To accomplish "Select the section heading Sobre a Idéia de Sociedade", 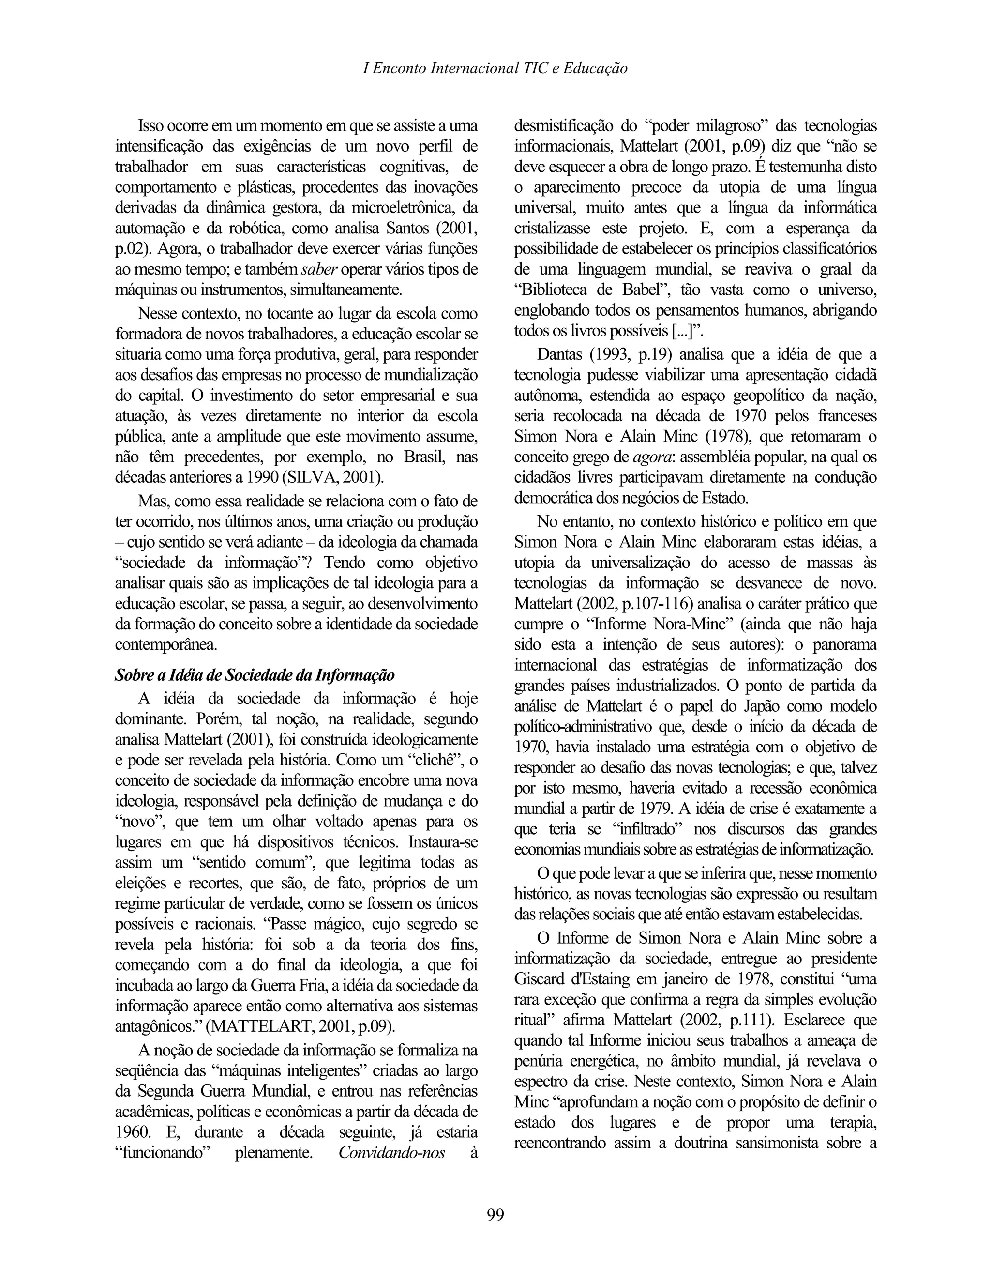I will coord(254,675).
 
